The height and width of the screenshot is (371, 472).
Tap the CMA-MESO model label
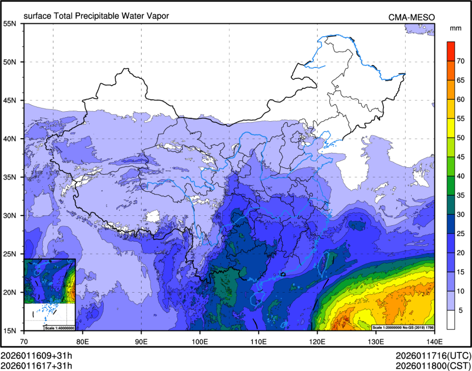411,17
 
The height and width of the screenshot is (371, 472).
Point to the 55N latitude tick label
10,24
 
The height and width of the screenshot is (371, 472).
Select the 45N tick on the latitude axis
10,100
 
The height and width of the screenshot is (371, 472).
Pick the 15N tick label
10,330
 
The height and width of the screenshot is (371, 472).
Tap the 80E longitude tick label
83,340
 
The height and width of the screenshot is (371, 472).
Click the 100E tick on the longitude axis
200,340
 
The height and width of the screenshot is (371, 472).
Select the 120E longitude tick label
317,340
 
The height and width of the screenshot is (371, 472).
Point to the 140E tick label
434,340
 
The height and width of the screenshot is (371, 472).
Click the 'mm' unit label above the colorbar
455,28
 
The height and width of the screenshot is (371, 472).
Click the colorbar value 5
461,310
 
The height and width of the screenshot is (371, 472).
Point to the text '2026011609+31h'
36,355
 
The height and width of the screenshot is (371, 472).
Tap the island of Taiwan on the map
324,262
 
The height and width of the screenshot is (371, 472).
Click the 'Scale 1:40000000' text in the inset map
59,328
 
